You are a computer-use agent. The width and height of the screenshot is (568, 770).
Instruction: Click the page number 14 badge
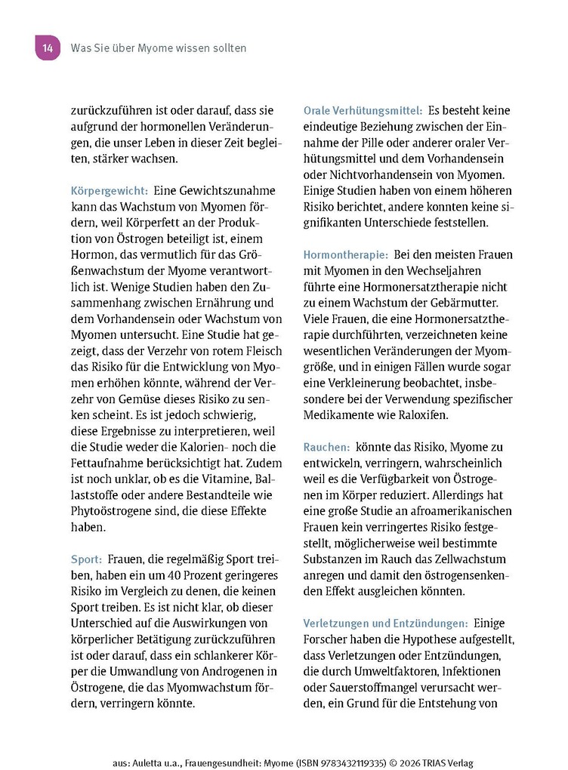point(47,48)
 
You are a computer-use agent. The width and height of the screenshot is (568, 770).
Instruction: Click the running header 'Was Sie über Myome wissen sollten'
point(158,48)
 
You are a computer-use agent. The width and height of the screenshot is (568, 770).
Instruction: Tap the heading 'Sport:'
point(86,559)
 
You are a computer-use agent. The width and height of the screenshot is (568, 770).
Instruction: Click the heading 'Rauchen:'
point(326,447)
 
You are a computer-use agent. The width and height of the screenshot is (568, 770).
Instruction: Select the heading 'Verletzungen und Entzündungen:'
point(385,623)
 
